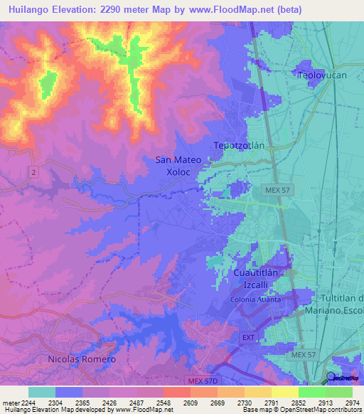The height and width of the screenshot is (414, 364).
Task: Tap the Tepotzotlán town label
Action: (x=239, y=145)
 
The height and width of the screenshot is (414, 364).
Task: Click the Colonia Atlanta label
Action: (x=255, y=299)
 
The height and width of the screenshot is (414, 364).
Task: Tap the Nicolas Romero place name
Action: (x=82, y=359)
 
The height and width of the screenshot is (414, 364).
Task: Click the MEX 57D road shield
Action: (x=201, y=381)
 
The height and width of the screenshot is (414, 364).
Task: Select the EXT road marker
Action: (x=248, y=336)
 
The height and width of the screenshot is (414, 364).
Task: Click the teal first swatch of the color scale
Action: (x=42, y=391)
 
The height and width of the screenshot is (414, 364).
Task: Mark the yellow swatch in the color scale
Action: (x=284, y=391)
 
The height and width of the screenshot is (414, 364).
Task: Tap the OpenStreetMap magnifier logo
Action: (x=331, y=377)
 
